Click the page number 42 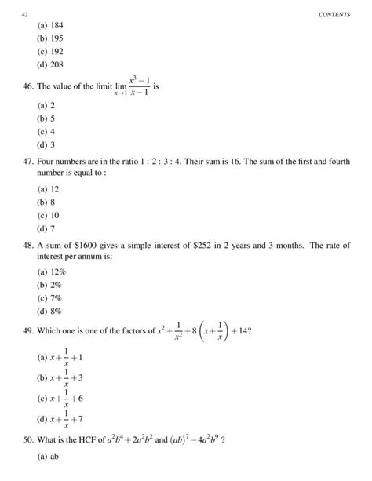pyautogui.click(x=24, y=14)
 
